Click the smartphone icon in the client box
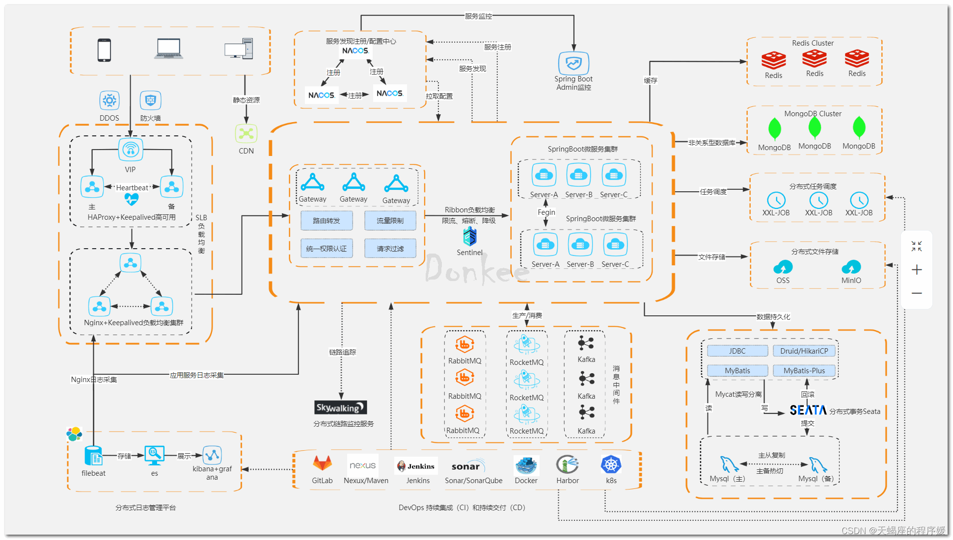[x=104, y=50]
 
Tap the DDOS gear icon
[x=109, y=101]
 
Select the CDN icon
[x=246, y=133]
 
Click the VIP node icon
[x=131, y=150]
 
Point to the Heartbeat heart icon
[x=131, y=199]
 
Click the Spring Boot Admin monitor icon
[x=573, y=63]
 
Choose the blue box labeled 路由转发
[x=327, y=221]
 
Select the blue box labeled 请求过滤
[x=390, y=249]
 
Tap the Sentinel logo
[x=470, y=237]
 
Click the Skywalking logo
[x=340, y=408]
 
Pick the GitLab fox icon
[x=322, y=463]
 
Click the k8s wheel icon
[x=611, y=464]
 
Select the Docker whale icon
[x=526, y=464]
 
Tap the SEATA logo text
[x=808, y=410]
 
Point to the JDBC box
[x=737, y=351]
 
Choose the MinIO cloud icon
[x=851, y=267]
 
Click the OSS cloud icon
[x=783, y=267]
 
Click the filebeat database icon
[x=93, y=456]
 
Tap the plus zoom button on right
[x=916, y=270]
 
